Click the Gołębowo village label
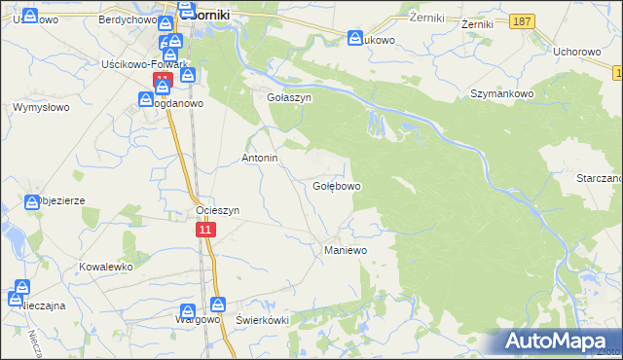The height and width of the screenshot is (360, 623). pos(337,186)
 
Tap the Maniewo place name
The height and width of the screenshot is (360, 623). pos(344,250)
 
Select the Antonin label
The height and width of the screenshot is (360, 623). pos(260,158)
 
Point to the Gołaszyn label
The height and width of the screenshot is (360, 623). pos(275,98)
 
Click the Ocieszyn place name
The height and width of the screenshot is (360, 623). pos(217,210)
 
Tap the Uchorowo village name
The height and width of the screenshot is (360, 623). pos(572,52)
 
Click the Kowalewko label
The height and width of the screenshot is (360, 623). pos(105,266)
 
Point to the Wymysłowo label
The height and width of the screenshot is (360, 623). pos(39,107)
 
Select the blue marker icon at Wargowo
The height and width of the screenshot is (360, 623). pos(217,305)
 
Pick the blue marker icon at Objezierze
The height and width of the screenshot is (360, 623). pos(32,201)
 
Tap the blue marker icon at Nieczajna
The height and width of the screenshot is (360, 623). pos(21,288)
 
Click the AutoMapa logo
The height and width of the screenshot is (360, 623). pos(557,341)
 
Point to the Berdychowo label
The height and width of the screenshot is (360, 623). pos(128,18)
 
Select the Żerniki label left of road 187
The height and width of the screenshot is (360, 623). pos(426,18)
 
